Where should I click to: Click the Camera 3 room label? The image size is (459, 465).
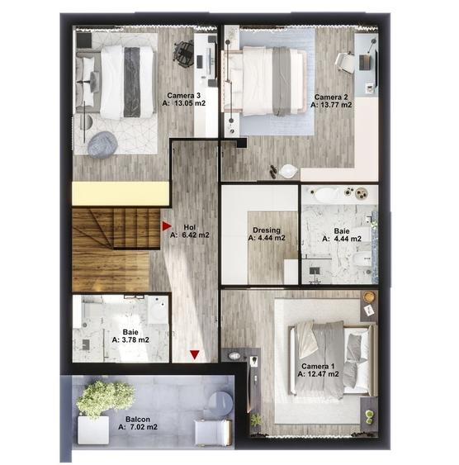[x=184, y=96]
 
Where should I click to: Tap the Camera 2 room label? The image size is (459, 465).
[x=331, y=97]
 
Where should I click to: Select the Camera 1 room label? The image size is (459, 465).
[x=318, y=366]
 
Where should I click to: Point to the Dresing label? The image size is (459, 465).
[x=267, y=230]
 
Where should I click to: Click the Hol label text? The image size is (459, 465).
[x=190, y=227]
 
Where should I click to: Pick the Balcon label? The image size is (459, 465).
[x=138, y=420]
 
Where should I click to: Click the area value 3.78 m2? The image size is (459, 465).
[x=135, y=339]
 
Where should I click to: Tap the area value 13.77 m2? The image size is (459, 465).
[x=336, y=105]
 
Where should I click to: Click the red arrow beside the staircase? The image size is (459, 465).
[x=167, y=226]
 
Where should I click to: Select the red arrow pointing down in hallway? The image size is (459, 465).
[x=195, y=354]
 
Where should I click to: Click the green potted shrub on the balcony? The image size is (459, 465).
[x=104, y=397]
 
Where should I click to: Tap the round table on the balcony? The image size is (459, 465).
[x=220, y=403]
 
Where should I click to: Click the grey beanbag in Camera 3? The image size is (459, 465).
[x=102, y=145]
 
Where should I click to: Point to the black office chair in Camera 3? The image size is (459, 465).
[x=183, y=53]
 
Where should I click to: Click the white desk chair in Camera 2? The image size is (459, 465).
[x=345, y=63]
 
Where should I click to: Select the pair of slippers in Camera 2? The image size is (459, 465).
[x=273, y=172]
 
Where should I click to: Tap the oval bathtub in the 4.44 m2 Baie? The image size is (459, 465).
[x=326, y=194]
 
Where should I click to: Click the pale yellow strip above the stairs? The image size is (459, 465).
[x=121, y=193]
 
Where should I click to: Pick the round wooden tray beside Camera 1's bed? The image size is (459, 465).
[x=369, y=297]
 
